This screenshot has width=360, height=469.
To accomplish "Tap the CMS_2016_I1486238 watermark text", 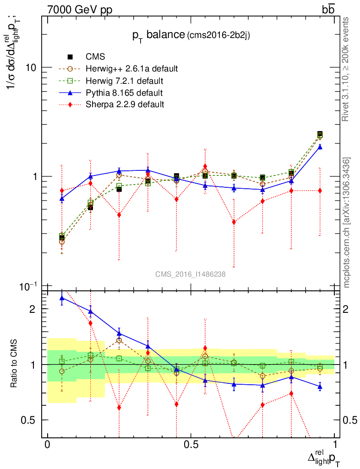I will pos(190,274).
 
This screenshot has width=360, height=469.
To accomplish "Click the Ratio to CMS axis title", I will pos(14,364).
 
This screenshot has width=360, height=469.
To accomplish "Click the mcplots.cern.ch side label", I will pos(347,223).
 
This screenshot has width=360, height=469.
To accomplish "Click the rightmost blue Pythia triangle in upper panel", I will pos(320,147).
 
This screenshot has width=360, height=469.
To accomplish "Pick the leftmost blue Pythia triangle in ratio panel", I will pos(62,298).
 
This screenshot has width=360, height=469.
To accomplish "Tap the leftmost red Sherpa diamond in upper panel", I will pos(62,191).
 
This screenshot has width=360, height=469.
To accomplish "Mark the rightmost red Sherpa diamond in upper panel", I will pos(320,191).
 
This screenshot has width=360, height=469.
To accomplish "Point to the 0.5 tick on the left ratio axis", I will pos(32,420).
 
